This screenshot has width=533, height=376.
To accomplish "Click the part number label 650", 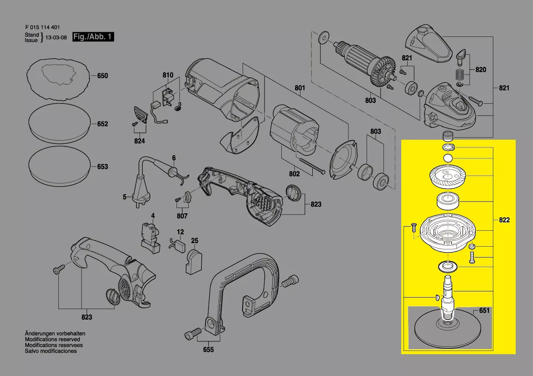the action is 102,76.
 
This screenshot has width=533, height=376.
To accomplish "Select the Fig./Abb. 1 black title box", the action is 93,37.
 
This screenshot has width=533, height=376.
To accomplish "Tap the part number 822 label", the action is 504,220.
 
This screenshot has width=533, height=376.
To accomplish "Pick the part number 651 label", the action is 484,310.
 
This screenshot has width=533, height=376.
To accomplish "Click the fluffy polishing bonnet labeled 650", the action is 58,79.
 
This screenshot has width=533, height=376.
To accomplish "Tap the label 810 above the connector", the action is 168,75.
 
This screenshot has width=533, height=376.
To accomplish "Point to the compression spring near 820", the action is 460,74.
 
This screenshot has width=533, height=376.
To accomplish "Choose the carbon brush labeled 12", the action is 177,245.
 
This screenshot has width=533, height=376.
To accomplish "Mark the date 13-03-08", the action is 56,37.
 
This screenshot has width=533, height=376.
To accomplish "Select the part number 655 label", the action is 208,350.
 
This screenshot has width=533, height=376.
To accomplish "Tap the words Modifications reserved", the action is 52,339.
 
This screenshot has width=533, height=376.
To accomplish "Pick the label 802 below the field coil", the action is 295,174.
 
